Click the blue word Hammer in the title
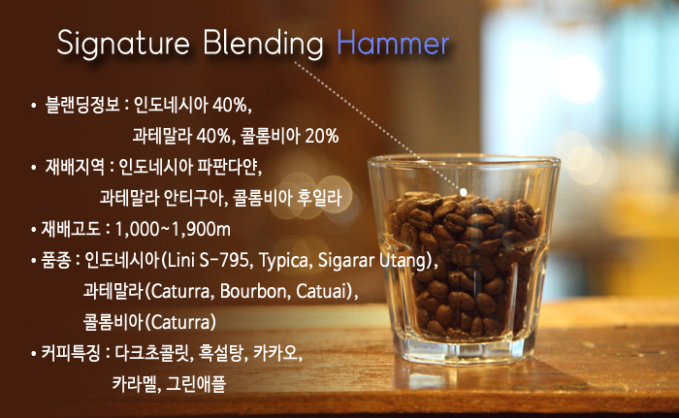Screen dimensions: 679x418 pyautogui.click(x=393, y=43)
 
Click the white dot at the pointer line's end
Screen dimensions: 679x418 pyautogui.click(x=463, y=192)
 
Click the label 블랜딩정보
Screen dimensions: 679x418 pyautogui.click(x=82, y=105)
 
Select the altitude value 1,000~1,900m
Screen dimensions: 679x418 pyautogui.click(x=173, y=229)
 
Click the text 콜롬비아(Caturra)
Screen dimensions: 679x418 pyautogui.click(x=149, y=322)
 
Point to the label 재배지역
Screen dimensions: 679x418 pyautogui.click(x=75, y=167)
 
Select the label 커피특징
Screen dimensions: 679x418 pyautogui.click(x=71, y=353)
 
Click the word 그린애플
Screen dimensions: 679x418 pyautogui.click(x=196, y=384)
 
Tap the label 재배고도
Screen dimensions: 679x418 pyautogui.click(x=71, y=229)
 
